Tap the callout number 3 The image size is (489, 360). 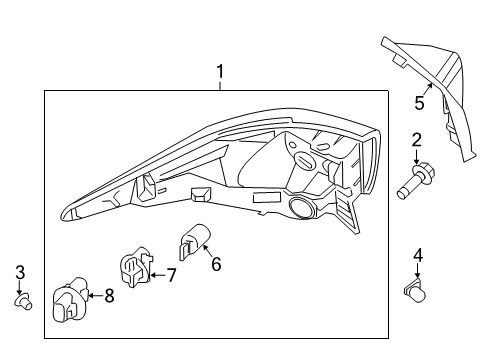pyautogui.click(x=20, y=271)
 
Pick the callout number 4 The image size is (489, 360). pyautogui.click(x=418, y=254)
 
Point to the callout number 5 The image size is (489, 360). pyautogui.click(x=420, y=102)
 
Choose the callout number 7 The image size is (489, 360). pyautogui.click(x=171, y=274)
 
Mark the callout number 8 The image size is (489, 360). pyautogui.click(x=108, y=295)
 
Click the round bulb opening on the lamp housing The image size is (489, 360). pyautogui.click(x=299, y=208)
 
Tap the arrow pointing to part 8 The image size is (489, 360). pyautogui.click(x=94, y=295)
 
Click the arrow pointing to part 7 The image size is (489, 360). pyautogui.click(x=156, y=273)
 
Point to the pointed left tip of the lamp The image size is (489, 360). pyautogui.click(x=65, y=212)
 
